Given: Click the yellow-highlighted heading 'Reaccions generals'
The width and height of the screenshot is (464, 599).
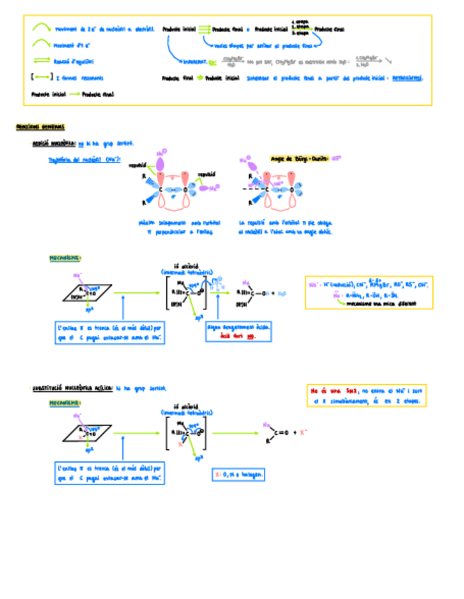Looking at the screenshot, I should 40,127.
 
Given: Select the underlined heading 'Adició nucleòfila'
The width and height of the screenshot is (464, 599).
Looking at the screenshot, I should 54,143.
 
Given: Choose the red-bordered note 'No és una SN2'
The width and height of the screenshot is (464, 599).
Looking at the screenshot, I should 367,395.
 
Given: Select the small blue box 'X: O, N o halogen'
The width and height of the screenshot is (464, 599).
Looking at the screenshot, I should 238,475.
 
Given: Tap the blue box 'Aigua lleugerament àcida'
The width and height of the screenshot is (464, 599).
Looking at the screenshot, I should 232,332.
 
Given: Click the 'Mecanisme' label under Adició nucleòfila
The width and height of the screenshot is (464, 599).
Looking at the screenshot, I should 65,259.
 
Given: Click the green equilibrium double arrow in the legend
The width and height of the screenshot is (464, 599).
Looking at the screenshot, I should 42,61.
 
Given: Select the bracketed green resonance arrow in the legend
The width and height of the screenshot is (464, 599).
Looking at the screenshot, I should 40,78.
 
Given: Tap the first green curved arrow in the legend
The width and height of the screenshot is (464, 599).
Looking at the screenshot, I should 41,28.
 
